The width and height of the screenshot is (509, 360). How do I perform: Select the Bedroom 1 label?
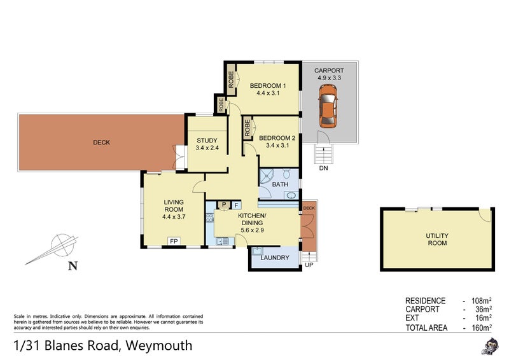pyautogui.click(x=267, y=86)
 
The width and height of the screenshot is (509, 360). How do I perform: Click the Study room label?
pyautogui.click(x=207, y=141)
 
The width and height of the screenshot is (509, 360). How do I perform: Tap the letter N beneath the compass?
pyautogui.click(x=72, y=266)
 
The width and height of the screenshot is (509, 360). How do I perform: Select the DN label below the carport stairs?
pyautogui.click(x=324, y=169)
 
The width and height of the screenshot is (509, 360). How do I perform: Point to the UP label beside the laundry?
pyautogui.click(x=310, y=265)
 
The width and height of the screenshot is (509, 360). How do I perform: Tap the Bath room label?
pyautogui.click(x=280, y=184)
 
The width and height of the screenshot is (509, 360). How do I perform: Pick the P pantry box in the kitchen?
pyautogui.click(x=223, y=205)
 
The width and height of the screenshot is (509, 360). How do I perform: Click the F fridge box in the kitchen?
pyautogui.click(x=236, y=205)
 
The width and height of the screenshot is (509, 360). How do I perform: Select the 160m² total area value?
pyautogui.click(x=481, y=328)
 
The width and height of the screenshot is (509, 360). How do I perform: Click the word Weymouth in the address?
pyautogui.click(x=158, y=346)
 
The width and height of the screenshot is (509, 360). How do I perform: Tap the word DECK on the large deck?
pyautogui.click(x=101, y=142)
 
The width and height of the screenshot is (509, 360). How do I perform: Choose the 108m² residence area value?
pyautogui.click(x=481, y=301)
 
